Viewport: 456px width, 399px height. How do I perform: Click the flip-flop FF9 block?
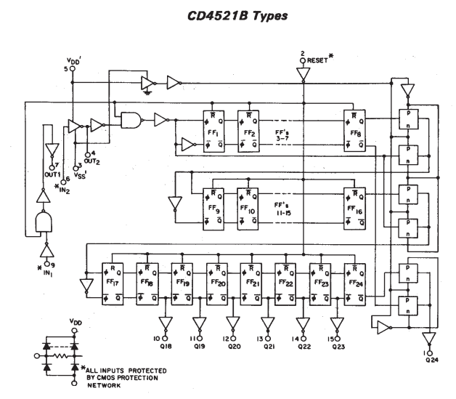click(x=215, y=208)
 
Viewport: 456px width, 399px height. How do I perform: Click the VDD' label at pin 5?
click(x=72, y=63)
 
